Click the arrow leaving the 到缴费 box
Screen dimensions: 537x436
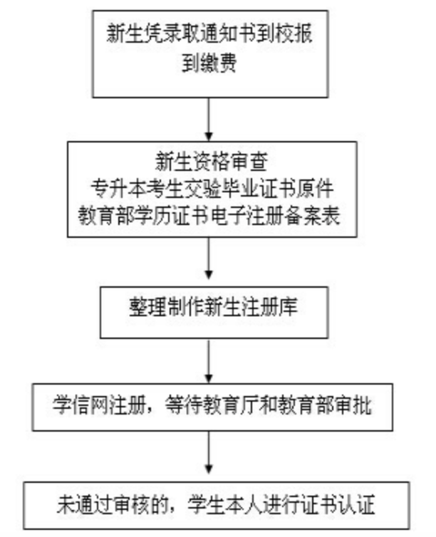pos(209,118)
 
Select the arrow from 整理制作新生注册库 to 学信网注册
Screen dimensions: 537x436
pos(209,361)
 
